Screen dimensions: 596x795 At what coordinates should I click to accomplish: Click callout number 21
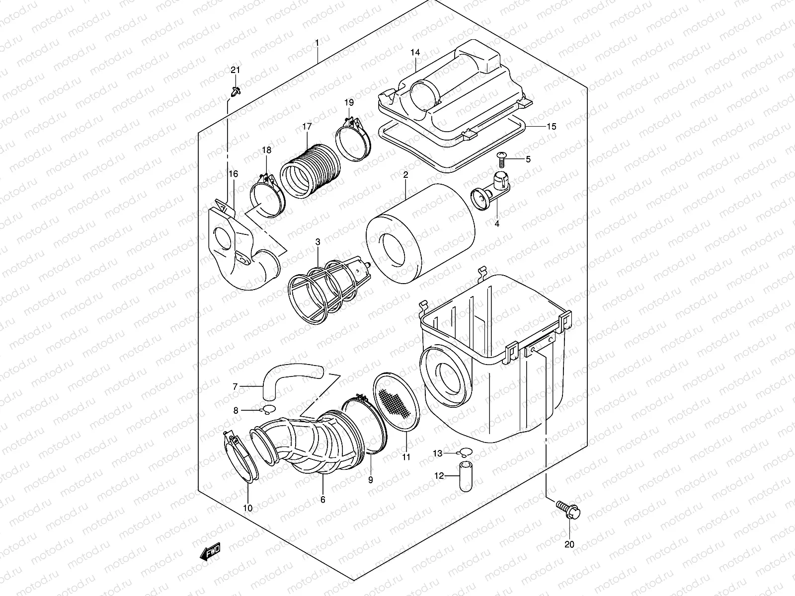[x=235, y=70]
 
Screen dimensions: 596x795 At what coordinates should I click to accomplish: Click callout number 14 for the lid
[x=415, y=53]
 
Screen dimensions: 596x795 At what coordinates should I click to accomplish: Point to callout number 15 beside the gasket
[x=551, y=126]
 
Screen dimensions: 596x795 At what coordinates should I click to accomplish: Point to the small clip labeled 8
[x=268, y=409]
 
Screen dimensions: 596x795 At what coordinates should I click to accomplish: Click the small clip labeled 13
[x=466, y=452]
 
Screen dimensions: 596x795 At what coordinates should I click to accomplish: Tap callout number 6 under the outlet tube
[x=322, y=500]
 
